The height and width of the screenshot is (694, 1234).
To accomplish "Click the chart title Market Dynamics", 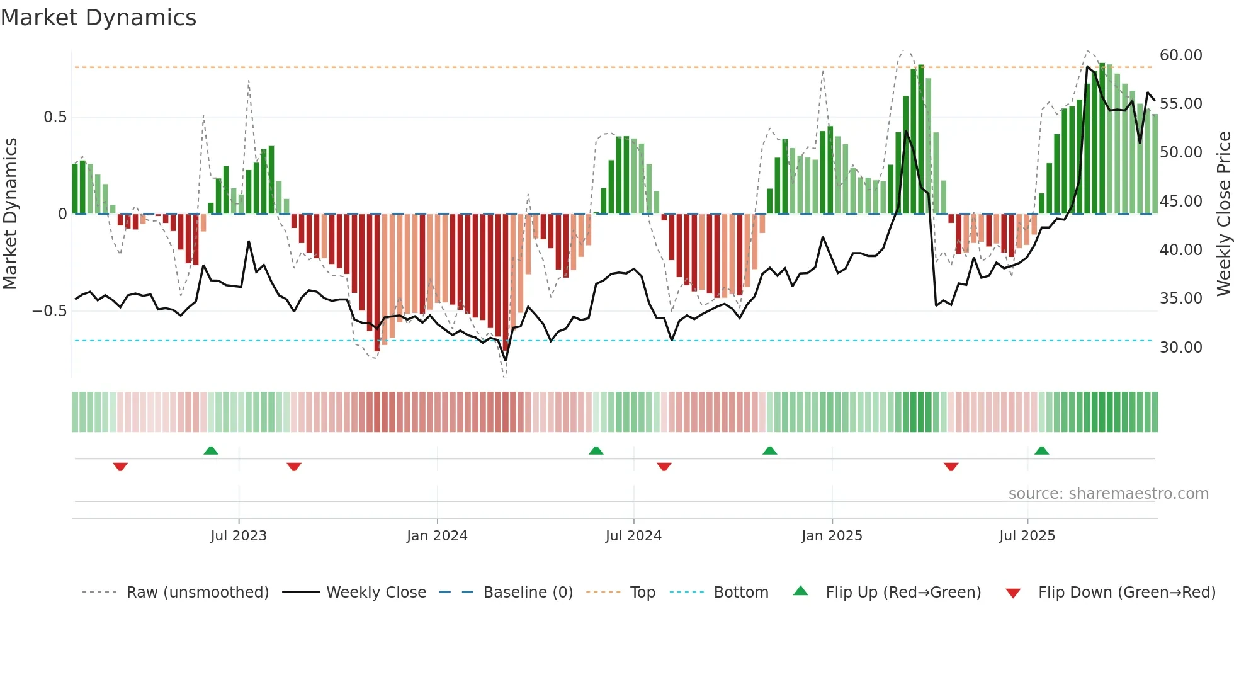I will (98, 18).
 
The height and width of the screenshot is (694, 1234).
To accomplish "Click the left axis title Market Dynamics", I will (11, 213).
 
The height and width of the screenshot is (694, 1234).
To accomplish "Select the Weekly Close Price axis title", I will (1223, 213).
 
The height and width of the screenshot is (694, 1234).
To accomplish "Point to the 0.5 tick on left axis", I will (55, 117).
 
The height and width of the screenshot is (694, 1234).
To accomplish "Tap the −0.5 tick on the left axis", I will (50, 311).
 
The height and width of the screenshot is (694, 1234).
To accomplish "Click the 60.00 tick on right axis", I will (1180, 55).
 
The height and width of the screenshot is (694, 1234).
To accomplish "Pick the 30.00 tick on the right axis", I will (1180, 348).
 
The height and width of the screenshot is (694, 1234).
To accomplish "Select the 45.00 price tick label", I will (1180, 202).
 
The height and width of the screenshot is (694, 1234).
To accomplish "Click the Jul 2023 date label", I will (239, 536).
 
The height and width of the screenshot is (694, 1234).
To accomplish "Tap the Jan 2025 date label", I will (832, 536).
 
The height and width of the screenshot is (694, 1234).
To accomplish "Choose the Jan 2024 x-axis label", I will (437, 536).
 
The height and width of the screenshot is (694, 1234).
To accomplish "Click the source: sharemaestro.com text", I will (1108, 494).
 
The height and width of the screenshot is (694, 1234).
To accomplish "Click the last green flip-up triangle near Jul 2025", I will (1041, 450).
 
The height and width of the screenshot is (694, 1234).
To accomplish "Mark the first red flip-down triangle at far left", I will (120, 467).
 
